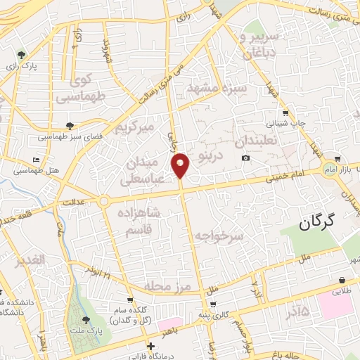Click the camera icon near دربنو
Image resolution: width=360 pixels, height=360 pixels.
pyautogui.click(x=245, y=157)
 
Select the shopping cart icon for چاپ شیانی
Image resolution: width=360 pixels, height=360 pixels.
pyautogui.click(x=285, y=112)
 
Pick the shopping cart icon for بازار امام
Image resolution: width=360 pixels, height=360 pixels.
pyautogui.click(x=339, y=159)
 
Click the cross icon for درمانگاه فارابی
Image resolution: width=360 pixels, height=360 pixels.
pyautogui.click(x=150, y=346)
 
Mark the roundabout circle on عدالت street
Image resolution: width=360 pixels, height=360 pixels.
pyautogui.click(x=104, y=201)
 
